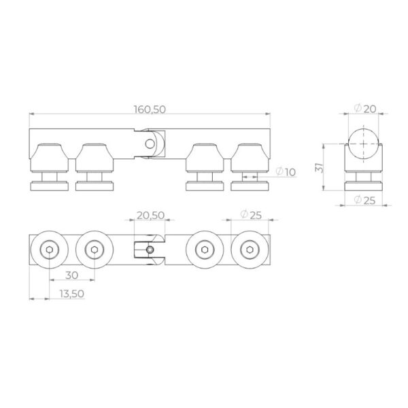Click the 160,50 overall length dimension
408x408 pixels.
150,109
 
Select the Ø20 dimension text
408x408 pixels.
366,109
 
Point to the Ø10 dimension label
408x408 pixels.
286,173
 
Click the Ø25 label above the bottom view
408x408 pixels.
252,215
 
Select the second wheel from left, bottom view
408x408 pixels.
95,251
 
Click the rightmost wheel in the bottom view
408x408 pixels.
250,251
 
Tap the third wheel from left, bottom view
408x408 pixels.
206,251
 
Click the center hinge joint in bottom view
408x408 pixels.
150,251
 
